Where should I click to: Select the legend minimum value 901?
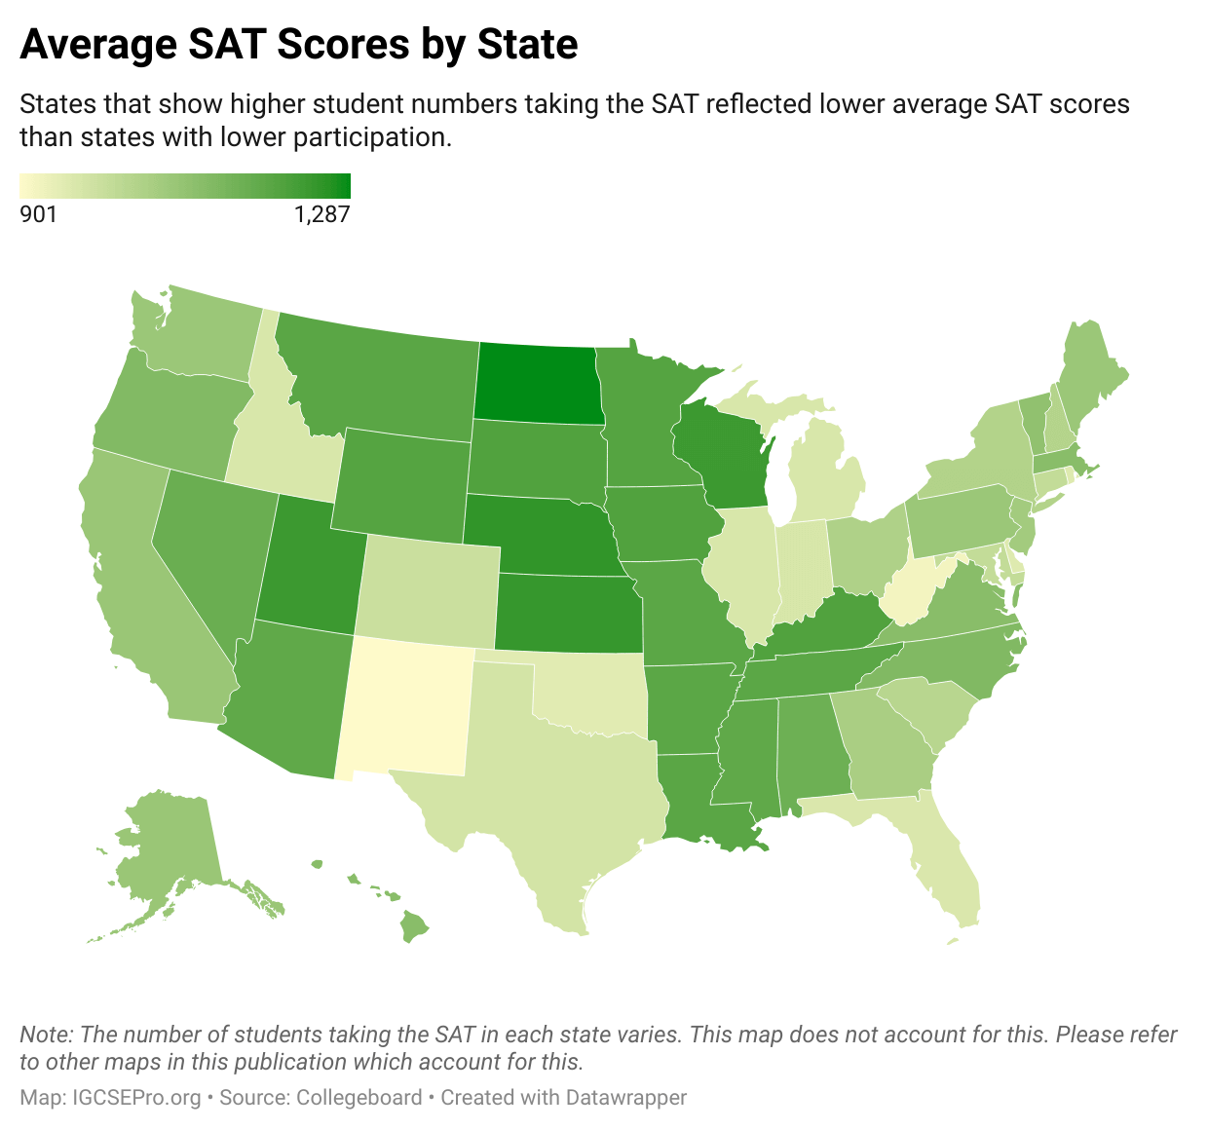click(x=39, y=214)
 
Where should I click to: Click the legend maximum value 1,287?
click(x=321, y=214)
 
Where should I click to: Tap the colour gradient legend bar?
click(x=185, y=186)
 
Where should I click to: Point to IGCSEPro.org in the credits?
click(x=137, y=1098)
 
